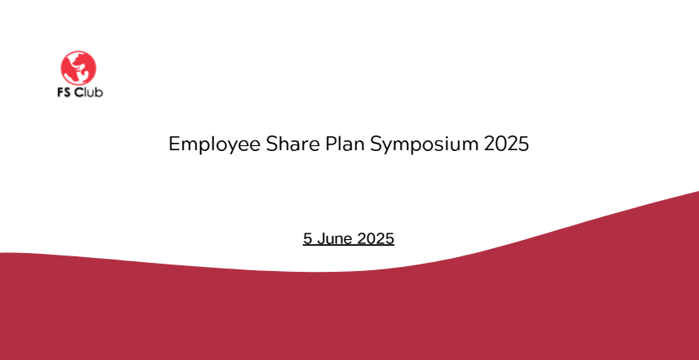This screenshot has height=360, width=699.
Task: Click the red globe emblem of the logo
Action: (x=78, y=68)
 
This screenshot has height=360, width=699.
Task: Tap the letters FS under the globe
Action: (x=65, y=92)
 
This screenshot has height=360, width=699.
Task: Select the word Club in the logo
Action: (x=89, y=92)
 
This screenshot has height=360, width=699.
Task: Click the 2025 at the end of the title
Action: (x=506, y=144)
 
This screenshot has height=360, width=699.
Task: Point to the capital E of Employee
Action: (x=174, y=144)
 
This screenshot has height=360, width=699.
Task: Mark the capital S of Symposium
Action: (x=376, y=144)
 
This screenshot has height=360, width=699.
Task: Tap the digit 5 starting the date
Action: (x=308, y=239)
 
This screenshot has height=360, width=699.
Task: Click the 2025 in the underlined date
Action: (x=376, y=239)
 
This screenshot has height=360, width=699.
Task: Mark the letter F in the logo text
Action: (x=60, y=93)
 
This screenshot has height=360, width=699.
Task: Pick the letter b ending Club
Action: (x=99, y=92)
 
